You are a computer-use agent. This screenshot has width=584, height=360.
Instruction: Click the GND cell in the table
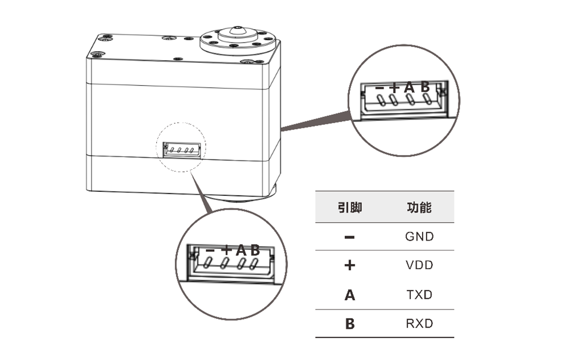click(x=419, y=236)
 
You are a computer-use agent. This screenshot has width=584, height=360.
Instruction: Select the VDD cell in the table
click(x=419, y=265)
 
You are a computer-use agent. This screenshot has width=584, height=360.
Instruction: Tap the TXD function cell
click(x=419, y=295)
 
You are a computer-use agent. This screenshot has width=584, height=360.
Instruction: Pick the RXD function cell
click(x=419, y=324)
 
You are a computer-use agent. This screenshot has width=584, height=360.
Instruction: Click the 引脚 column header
click(x=350, y=207)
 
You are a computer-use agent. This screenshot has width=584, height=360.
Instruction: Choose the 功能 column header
click(x=419, y=207)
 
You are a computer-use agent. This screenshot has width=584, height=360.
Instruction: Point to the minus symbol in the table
click(x=350, y=237)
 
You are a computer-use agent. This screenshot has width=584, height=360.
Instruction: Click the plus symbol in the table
click(x=350, y=265)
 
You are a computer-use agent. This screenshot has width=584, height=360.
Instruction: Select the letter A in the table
click(x=350, y=295)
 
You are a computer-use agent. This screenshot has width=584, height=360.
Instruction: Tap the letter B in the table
click(x=350, y=324)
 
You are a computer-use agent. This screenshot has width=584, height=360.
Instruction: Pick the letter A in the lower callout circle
click(x=241, y=249)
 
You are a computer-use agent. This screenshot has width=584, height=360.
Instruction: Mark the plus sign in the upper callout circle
click(x=395, y=87)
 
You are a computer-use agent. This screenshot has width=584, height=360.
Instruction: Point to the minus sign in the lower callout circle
click(x=210, y=250)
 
